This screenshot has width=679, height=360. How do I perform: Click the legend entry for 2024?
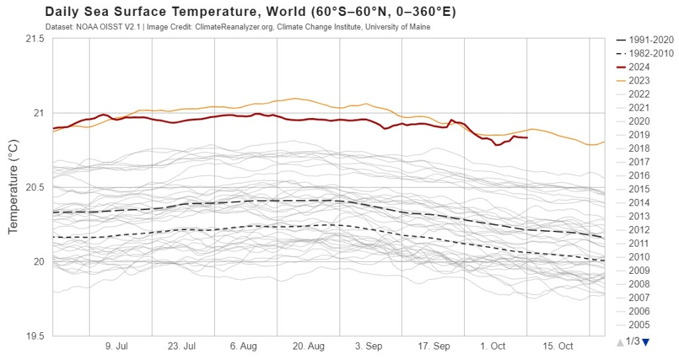pyautogui.click(x=639, y=67)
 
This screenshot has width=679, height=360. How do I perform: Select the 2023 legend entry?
pyautogui.click(x=639, y=80)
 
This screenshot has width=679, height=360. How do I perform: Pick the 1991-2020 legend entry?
pyautogui.click(x=644, y=40)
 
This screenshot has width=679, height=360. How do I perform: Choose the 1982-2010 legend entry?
pyautogui.click(x=644, y=53)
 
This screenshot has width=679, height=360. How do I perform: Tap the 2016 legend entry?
pyautogui.click(x=639, y=175)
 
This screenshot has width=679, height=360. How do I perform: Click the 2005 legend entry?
pyautogui.click(x=639, y=324)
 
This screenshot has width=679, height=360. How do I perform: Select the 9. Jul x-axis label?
pyautogui.click(x=117, y=346)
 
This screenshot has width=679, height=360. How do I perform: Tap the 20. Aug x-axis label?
pyautogui.click(x=308, y=346)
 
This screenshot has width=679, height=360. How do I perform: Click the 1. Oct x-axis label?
pyautogui.click(x=493, y=346)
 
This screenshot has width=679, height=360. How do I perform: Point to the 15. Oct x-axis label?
pyautogui.click(x=558, y=346)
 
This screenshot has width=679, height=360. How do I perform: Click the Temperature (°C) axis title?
pyautogui.click(x=13, y=187)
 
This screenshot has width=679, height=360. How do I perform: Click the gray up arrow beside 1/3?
pyautogui.click(x=619, y=342)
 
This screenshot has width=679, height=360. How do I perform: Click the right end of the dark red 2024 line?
pyautogui.click(x=526, y=138)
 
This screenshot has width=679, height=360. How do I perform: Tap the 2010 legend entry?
pyautogui.click(x=639, y=257)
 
